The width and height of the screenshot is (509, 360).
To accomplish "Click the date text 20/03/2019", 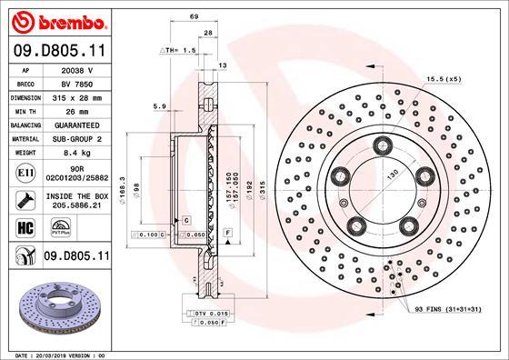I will pos(57,353).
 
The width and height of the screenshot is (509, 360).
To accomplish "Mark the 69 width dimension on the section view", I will pos(193,16).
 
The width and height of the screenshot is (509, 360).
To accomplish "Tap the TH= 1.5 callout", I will pos(178,51).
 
